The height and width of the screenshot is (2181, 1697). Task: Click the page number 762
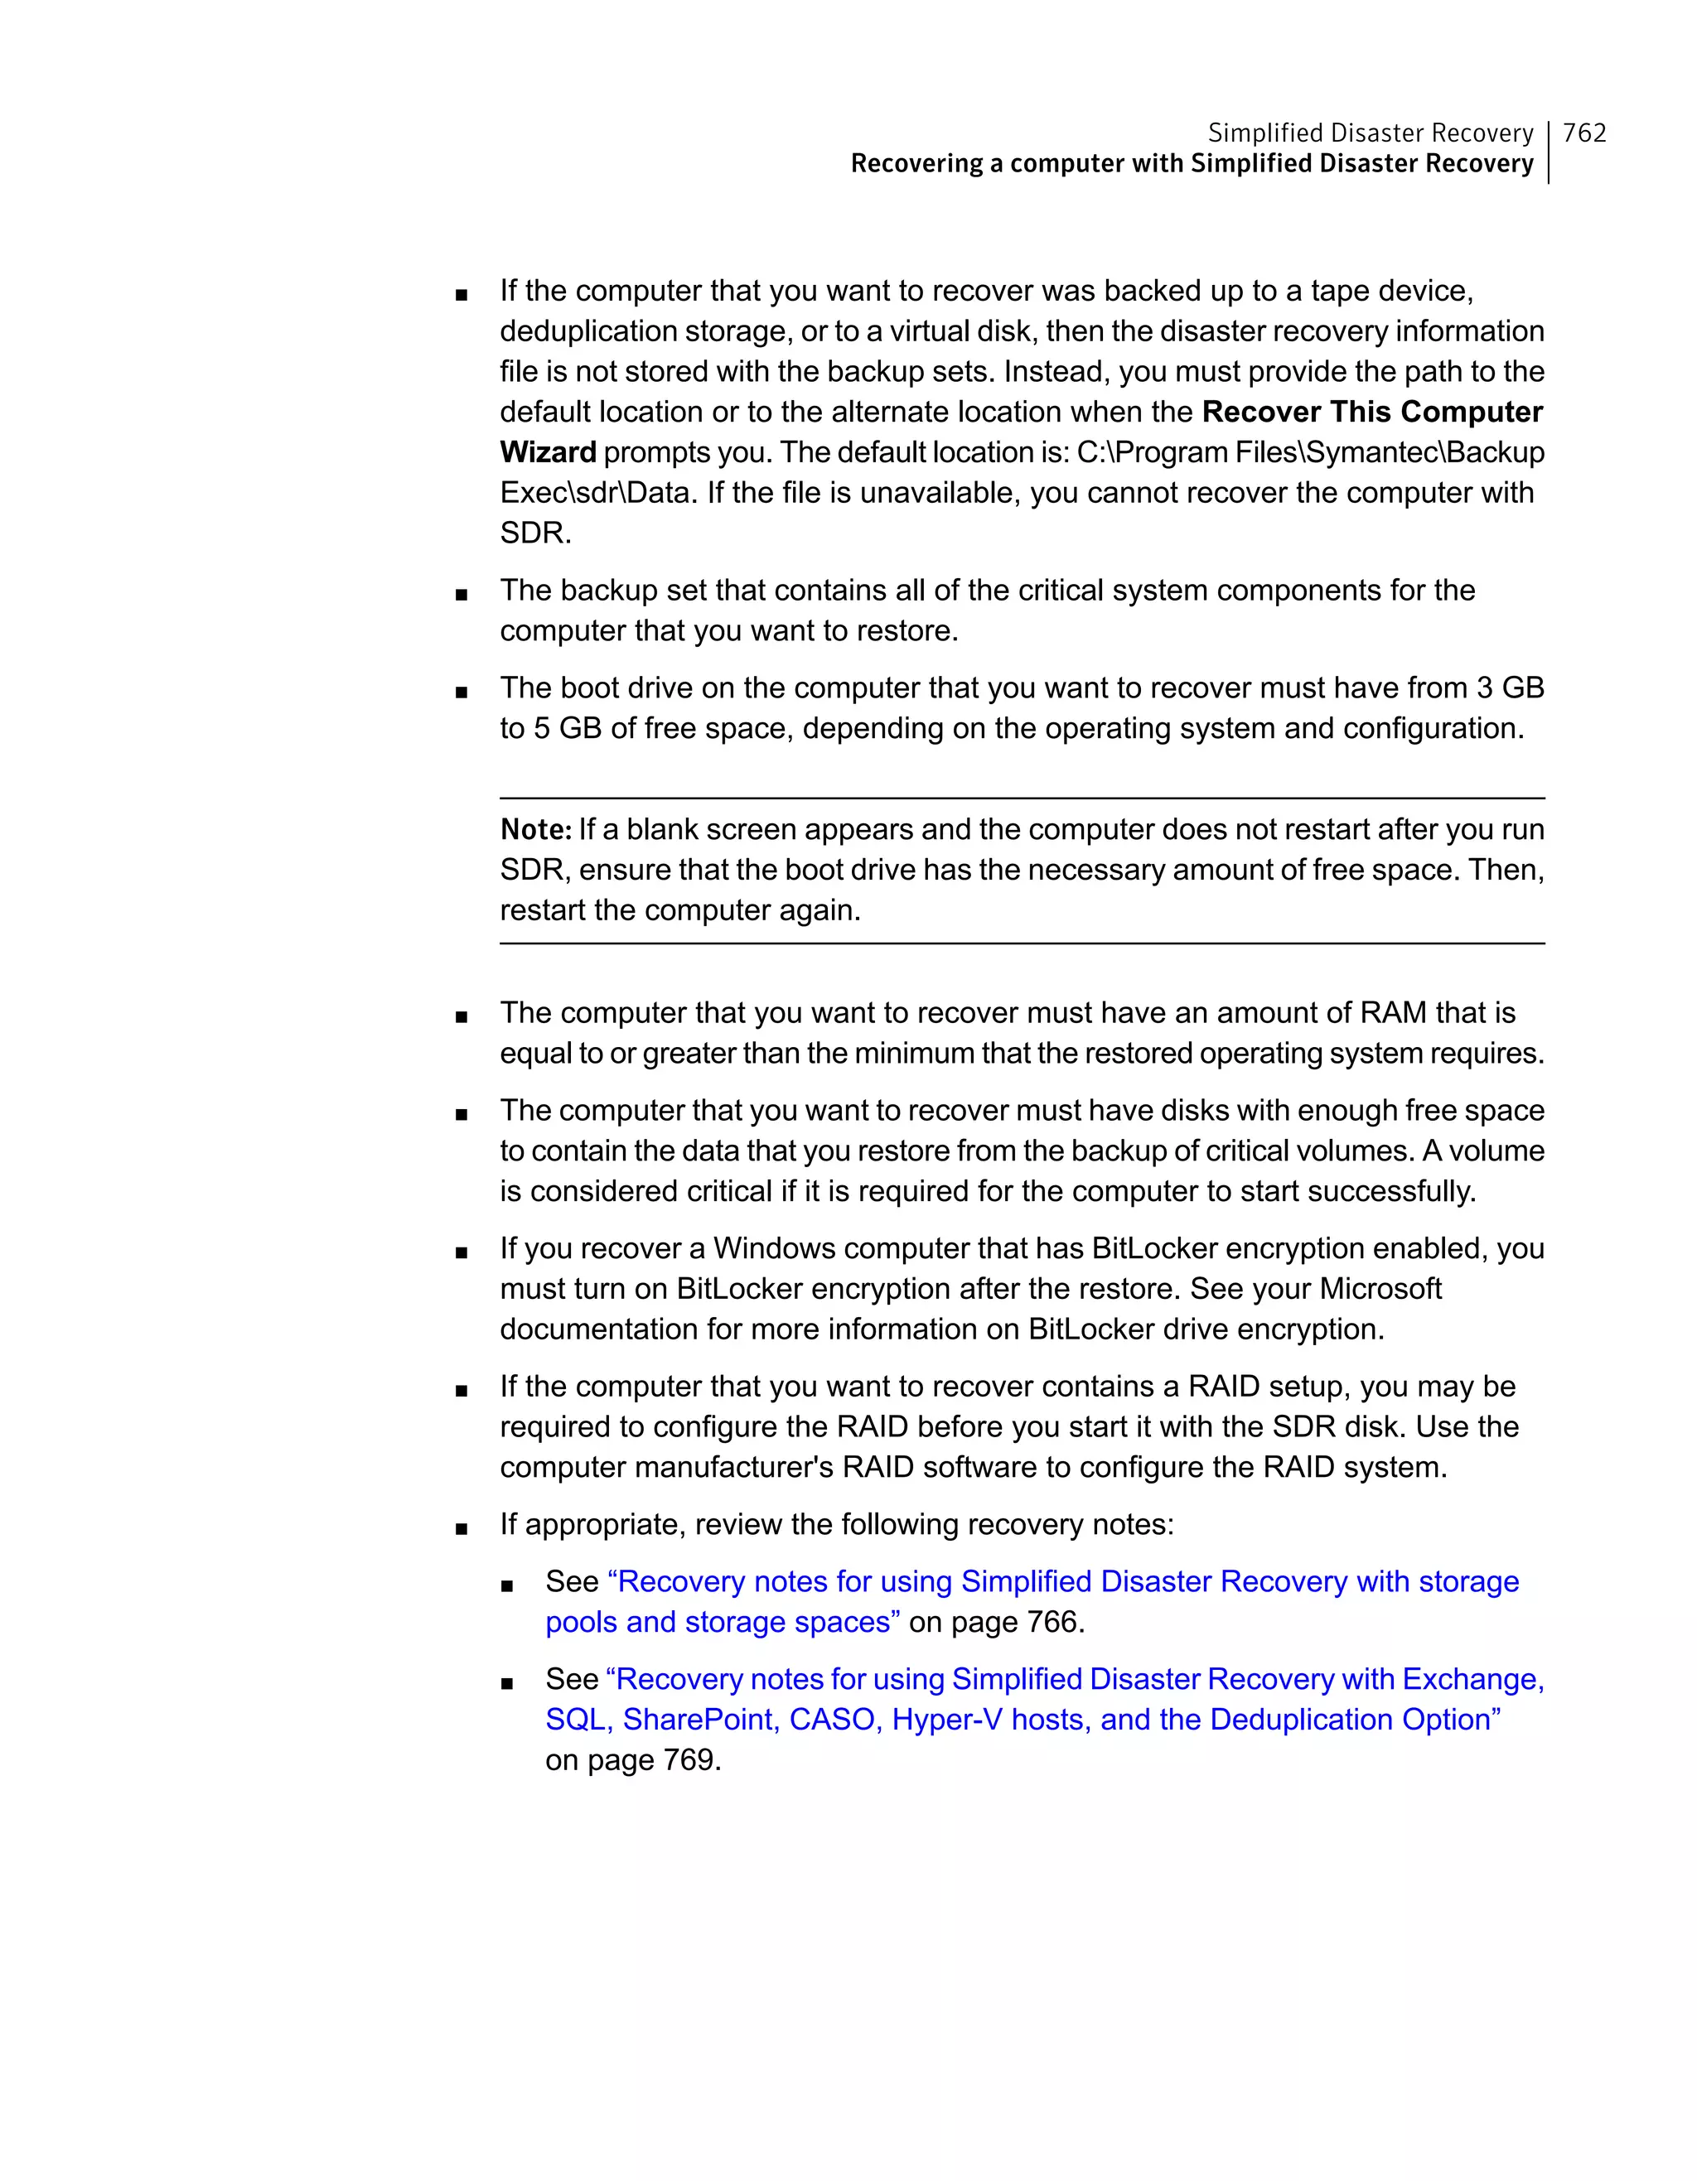coord(1584,133)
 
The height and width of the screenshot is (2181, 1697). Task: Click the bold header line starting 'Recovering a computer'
coord(1191,164)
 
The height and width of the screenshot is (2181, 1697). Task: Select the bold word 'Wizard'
coord(548,452)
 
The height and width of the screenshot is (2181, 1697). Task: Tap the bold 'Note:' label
coord(535,830)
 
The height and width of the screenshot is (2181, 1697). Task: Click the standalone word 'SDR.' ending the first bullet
coord(535,533)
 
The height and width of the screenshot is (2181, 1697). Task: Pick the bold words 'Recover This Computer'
coord(1371,412)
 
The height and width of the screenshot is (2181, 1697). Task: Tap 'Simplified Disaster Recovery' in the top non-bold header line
coord(1370,133)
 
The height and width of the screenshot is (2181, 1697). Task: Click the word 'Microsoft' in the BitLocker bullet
coord(1380,1288)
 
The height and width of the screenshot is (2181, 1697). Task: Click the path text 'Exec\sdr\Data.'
coord(597,492)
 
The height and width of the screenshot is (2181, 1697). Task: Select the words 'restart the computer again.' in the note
coord(679,910)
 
